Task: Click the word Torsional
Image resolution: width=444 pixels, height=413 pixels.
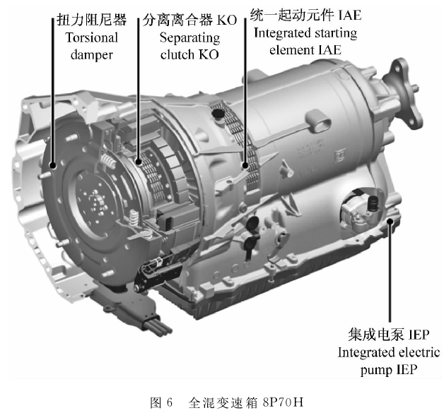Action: (92, 37)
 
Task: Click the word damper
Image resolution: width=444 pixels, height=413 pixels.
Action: (92, 55)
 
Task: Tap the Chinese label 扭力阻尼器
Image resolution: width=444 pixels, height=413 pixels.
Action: (91, 20)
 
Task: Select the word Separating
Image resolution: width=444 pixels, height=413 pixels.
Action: (189, 38)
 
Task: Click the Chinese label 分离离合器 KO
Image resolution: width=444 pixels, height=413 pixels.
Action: (189, 20)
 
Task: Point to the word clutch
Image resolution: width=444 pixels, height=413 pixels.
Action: (177, 54)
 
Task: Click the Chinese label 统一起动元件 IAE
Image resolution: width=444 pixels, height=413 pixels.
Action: (306, 15)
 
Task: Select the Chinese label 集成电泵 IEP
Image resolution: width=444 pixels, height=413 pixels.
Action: (389, 335)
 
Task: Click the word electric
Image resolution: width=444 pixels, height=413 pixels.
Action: (419, 352)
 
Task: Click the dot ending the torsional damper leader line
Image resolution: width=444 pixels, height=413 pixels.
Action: (52, 165)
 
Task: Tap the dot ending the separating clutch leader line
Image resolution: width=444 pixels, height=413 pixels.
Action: (139, 162)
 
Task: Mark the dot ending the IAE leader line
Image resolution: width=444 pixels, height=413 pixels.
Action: (245, 165)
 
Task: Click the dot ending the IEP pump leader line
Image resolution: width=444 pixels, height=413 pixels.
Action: (390, 222)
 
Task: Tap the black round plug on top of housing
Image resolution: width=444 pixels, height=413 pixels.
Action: (218, 114)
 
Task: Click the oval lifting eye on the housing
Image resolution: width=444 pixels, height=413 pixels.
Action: (319, 122)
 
